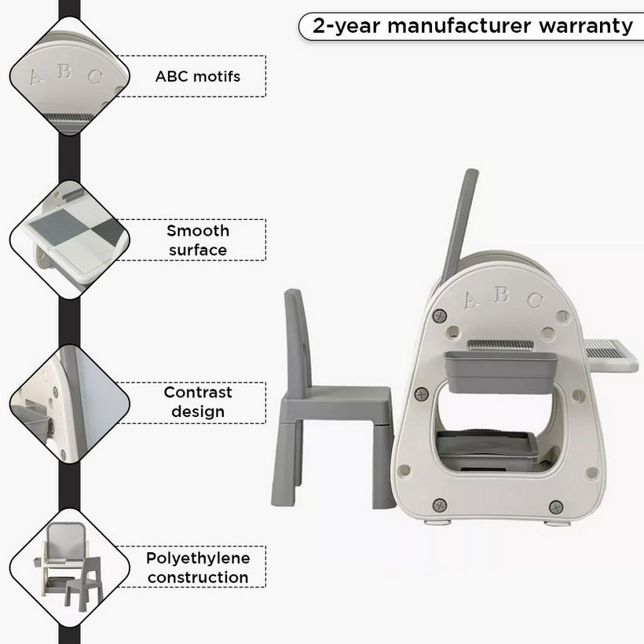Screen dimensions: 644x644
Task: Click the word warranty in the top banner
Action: pos(586,26)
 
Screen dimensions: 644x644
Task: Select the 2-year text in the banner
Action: pos(346,27)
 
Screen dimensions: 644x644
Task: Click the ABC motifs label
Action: pos(198,76)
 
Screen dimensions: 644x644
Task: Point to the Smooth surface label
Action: pos(198,240)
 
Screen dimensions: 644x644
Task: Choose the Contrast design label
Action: pos(198,402)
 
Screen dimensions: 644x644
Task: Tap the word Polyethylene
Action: pos(198,558)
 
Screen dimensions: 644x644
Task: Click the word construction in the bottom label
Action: pos(198,577)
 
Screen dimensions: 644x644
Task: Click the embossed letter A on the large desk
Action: pos(471,300)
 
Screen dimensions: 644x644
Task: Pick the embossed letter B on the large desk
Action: pos(502,294)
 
